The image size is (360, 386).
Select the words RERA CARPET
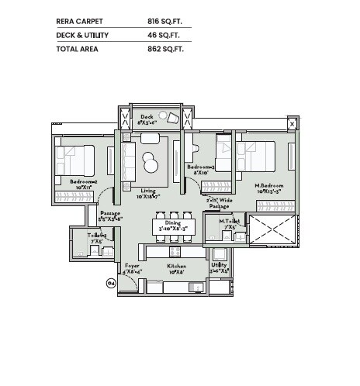(x=81, y=22)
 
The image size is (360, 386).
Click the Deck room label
(x=147, y=118)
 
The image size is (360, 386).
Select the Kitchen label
(x=177, y=267)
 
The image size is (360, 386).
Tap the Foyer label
(x=133, y=267)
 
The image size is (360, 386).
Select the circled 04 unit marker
(x=110, y=284)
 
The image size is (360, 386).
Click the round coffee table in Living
(x=152, y=164)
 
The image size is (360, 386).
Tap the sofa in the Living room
(x=129, y=161)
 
